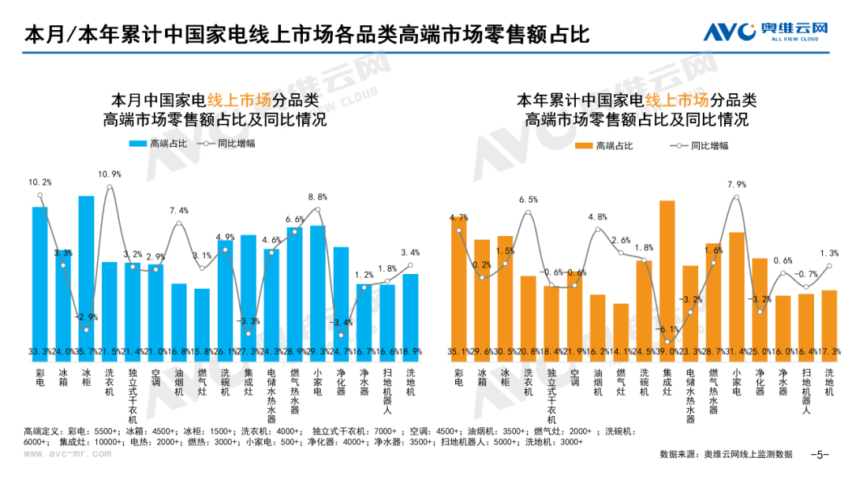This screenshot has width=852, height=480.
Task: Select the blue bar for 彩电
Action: (x=40, y=276)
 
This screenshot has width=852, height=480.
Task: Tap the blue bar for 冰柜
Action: (x=86, y=268)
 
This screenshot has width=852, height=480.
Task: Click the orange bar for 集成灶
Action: (x=667, y=276)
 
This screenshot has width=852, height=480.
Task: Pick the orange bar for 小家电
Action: (x=737, y=292)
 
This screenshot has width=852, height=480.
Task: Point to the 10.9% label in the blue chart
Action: (x=110, y=174)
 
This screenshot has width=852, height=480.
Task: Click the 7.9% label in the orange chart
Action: (x=737, y=185)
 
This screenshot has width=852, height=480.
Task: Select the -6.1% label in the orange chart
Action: (x=667, y=328)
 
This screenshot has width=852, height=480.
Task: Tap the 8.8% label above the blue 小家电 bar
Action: (x=318, y=197)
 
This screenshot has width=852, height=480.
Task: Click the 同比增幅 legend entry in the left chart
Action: (x=236, y=144)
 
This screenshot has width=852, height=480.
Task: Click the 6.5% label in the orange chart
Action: (x=529, y=200)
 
